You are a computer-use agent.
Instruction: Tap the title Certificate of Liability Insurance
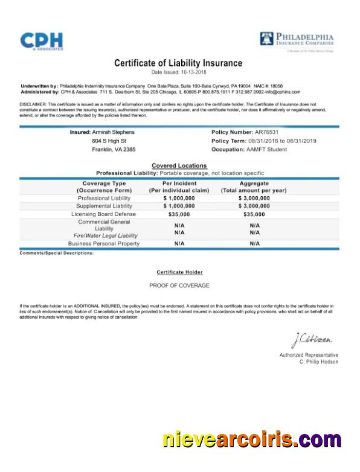[x=178, y=63]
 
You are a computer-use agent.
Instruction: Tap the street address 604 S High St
[x=109, y=141]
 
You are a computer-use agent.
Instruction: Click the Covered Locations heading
[x=179, y=165]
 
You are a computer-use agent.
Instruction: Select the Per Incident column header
[x=179, y=183]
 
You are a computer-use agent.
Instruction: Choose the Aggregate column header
[x=254, y=183]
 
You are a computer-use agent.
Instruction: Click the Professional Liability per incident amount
[x=179, y=198]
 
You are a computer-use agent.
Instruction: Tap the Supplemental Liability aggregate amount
[x=254, y=206]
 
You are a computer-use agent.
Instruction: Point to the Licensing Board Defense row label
[x=103, y=214]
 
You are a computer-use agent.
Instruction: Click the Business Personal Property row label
[x=103, y=243]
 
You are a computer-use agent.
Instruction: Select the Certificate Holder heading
[x=179, y=272]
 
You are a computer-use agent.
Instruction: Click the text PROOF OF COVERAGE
[x=179, y=285]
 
